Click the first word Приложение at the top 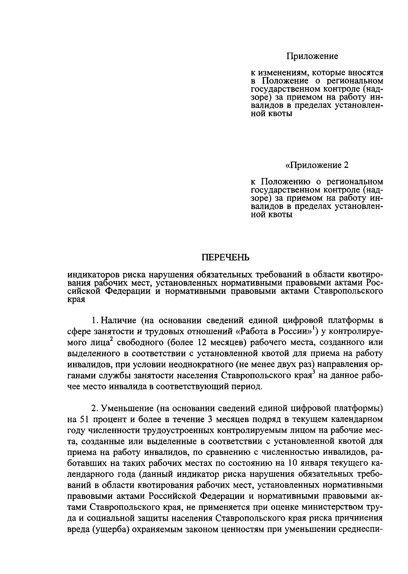point(312,56)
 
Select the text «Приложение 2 point(317,166)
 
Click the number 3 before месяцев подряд point(209,419)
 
